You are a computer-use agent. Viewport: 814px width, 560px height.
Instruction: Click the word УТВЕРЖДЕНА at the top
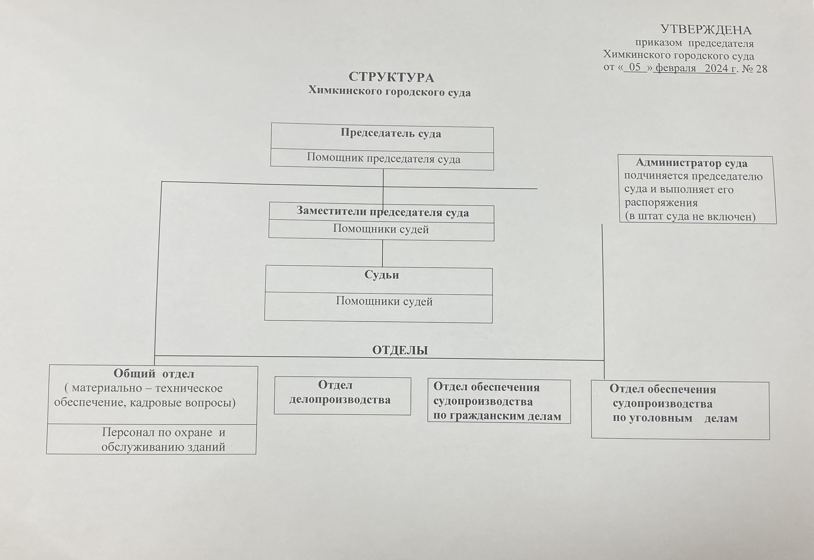tap(706, 30)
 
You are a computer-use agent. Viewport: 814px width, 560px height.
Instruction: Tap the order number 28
tap(761, 69)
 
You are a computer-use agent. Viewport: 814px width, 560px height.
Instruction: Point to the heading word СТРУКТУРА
tap(391, 77)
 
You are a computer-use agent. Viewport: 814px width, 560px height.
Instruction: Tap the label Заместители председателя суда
tap(383, 212)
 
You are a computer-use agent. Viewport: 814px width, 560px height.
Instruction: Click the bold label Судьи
tap(381, 275)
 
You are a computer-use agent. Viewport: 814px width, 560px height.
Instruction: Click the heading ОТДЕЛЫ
tap(400, 350)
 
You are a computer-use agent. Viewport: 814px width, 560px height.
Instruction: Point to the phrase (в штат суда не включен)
tap(690, 216)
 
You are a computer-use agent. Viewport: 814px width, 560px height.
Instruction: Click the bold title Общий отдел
tap(154, 374)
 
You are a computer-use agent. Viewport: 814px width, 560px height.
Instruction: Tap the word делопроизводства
tap(340, 400)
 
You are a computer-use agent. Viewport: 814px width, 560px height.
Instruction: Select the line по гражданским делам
tap(497, 416)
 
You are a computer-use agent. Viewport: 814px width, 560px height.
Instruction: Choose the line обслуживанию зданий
tap(163, 447)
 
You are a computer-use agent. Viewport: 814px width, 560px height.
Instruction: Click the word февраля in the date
tap(675, 68)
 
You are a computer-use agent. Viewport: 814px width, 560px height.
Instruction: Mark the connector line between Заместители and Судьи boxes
tap(382, 253)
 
